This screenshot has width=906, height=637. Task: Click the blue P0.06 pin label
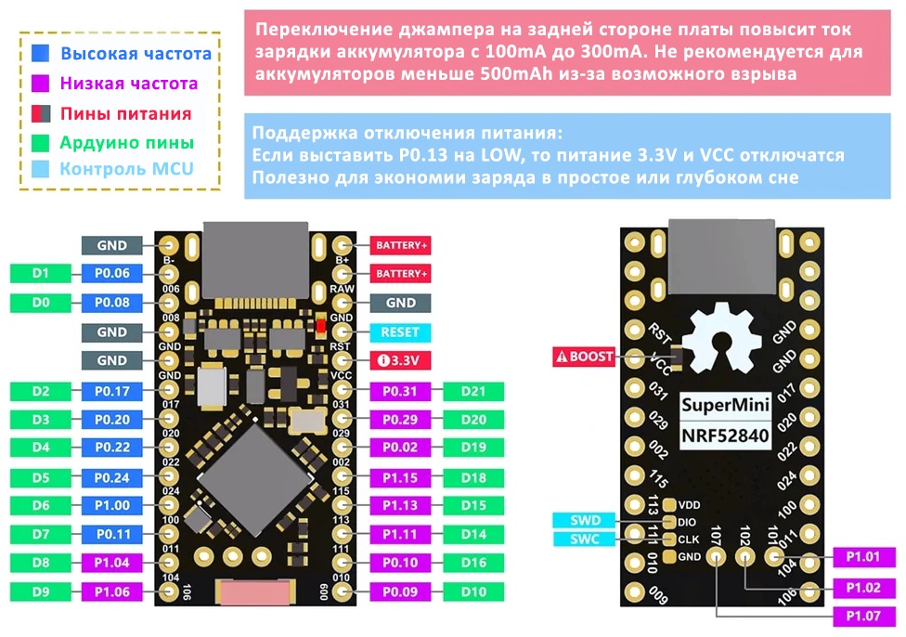[112, 273]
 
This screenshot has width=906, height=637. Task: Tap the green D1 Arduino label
[41, 273]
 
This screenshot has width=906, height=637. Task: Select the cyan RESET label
[400, 332]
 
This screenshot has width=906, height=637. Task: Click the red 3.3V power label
[400, 360]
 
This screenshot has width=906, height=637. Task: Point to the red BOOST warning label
[584, 357]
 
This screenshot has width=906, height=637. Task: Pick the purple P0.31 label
[400, 391]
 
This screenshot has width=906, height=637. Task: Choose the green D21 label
[473, 391]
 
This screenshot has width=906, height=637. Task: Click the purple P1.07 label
[863, 617]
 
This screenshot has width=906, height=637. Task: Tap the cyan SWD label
[586, 520]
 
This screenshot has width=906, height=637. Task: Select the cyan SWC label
[586, 539]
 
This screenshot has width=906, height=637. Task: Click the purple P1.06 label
[112, 591]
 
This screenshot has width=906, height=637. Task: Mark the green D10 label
[473, 591]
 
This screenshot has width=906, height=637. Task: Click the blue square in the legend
[41, 53]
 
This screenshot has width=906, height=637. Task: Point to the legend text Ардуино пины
[126, 142]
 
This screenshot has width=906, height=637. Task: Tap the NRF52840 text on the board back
[726, 435]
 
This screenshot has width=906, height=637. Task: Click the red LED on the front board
[321, 327]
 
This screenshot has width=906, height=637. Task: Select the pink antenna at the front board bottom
[254, 593]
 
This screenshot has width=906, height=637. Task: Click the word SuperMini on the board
[726, 405]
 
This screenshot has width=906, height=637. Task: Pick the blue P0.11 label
[112, 535]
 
